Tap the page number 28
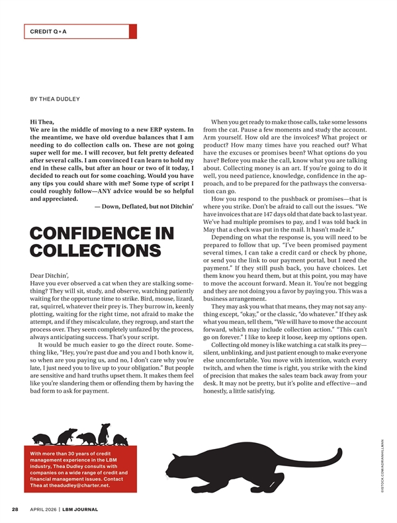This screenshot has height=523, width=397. click(15, 509)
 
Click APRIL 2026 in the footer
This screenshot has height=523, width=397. click(42, 509)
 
